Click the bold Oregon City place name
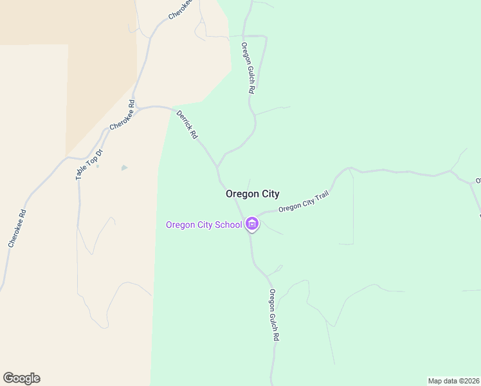tap(252, 194)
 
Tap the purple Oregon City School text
tap(204, 225)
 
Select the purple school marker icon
tap(252, 225)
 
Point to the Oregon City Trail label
tap(304, 203)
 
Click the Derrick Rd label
tap(186, 125)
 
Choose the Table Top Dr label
tap(89, 161)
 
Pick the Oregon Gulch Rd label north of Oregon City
tap(247, 69)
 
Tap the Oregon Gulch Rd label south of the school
tap(275, 315)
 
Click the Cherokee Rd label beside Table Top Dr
tap(122, 115)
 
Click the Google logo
tap(21, 378)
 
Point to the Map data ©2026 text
tap(454, 381)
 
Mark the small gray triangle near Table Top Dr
tap(124, 168)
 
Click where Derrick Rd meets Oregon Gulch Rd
tap(217, 167)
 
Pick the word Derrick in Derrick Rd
tap(184, 121)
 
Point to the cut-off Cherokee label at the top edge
tap(180, 8)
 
